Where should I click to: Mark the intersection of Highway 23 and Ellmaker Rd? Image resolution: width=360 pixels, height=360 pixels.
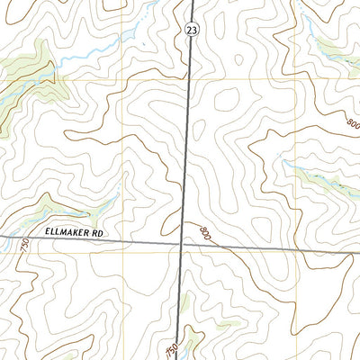pyautogui.click(x=183, y=243)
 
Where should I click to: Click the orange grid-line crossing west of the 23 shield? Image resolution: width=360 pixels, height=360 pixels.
pyautogui.click(x=124, y=79)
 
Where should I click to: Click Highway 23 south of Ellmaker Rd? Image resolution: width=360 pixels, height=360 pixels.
pyautogui.click(x=180, y=297)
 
